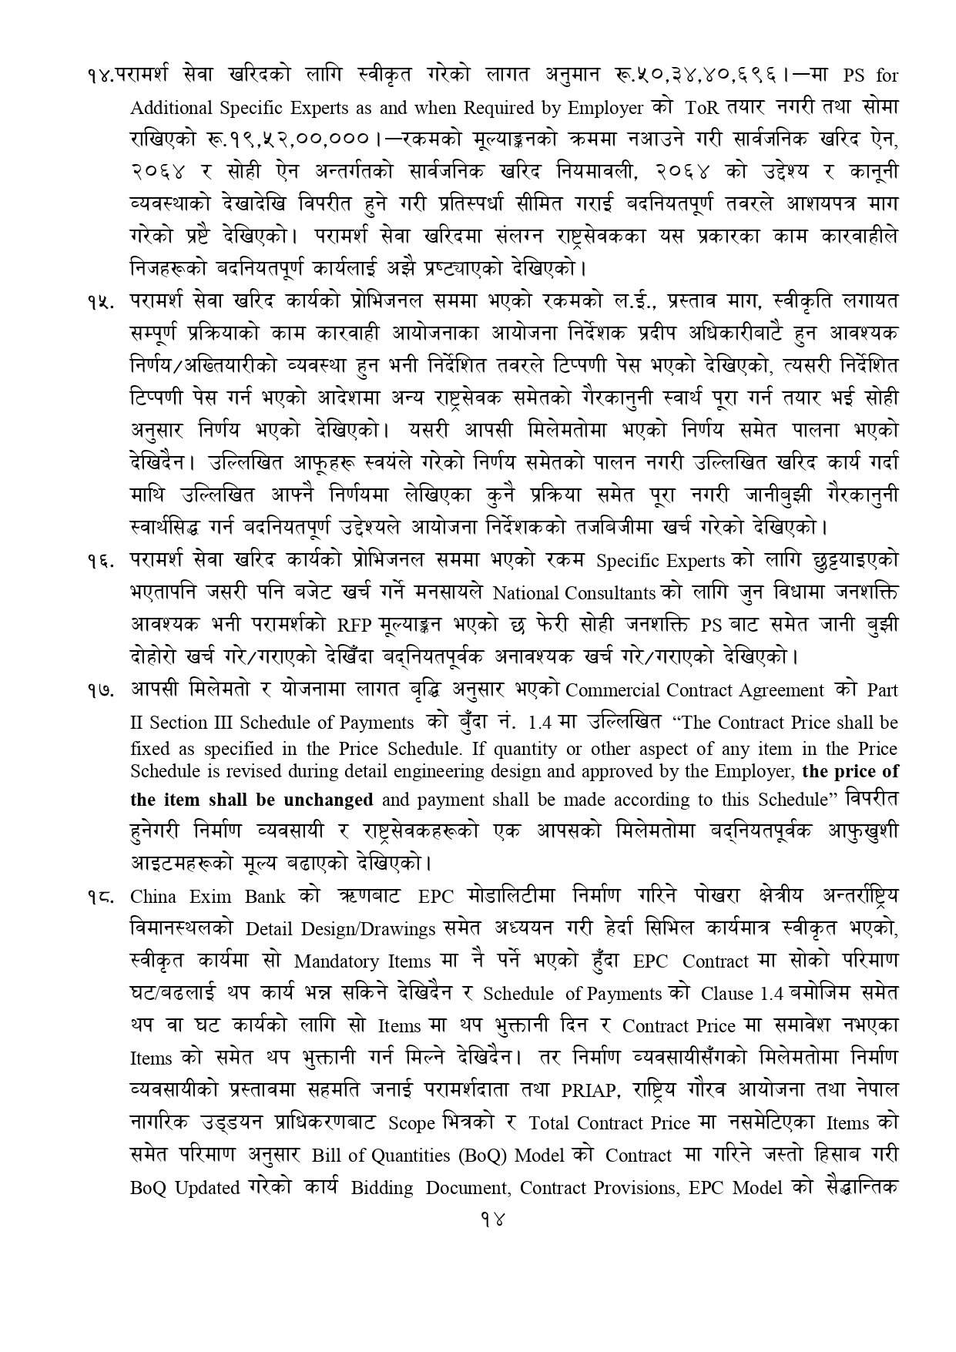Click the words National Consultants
coord(574,594)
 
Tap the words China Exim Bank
coord(208,897)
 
